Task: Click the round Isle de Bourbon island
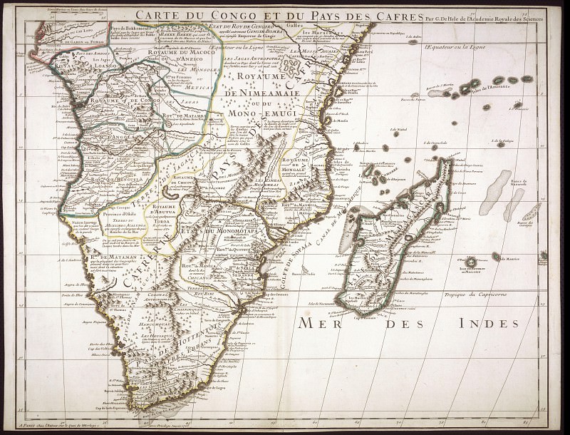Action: pyautogui.click(x=470, y=262)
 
